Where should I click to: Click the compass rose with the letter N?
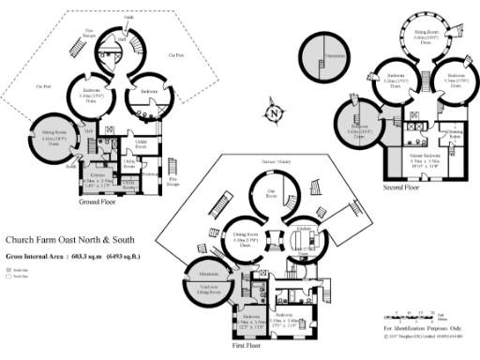pyautogui.click(x=273, y=113)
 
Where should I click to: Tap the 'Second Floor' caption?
pyautogui.click(x=400, y=187)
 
